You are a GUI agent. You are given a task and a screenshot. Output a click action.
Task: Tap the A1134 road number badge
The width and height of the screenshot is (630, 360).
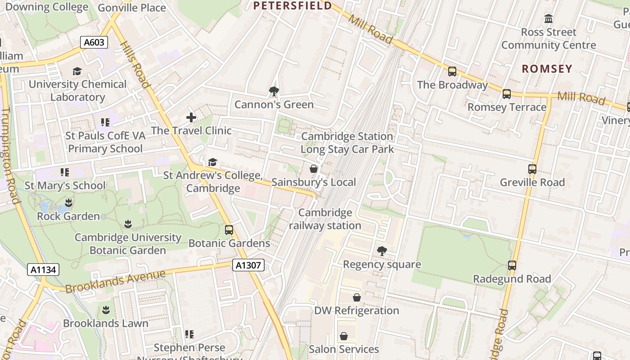click(x=43, y=270)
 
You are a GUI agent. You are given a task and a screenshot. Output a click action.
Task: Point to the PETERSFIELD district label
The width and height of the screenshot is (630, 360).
click(x=292, y=6)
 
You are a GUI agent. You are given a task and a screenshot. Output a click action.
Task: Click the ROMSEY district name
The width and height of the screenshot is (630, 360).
click(x=547, y=69)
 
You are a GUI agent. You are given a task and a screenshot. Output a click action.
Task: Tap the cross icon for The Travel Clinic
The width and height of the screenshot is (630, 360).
click(x=191, y=117)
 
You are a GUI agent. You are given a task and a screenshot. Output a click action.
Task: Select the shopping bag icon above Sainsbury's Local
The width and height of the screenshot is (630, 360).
click(x=314, y=169)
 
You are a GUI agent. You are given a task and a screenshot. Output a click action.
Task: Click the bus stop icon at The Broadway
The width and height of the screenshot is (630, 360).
click(x=452, y=72)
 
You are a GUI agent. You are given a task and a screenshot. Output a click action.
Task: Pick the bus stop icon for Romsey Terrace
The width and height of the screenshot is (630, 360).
click(x=507, y=94)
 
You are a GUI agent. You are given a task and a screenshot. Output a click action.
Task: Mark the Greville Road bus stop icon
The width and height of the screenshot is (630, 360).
click(x=532, y=169)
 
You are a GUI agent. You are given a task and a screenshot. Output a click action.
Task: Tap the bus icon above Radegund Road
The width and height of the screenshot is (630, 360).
click(x=512, y=265)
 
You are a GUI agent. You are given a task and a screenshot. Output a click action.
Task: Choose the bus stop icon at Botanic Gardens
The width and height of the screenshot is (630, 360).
click(x=229, y=230)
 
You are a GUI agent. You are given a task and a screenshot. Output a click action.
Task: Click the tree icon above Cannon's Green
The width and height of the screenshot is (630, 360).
click(x=274, y=91)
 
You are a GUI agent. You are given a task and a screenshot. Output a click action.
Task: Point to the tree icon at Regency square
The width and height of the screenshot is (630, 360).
click(x=382, y=251)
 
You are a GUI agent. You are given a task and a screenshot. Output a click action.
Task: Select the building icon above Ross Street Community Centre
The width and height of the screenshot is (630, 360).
click(x=549, y=19)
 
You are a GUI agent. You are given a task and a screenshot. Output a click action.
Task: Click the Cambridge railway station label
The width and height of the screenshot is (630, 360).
click(x=325, y=219)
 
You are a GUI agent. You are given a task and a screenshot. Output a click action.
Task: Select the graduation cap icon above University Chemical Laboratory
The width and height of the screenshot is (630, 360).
click(x=77, y=71)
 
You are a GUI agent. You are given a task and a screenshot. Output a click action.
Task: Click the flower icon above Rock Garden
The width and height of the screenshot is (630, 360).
click(x=68, y=202)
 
